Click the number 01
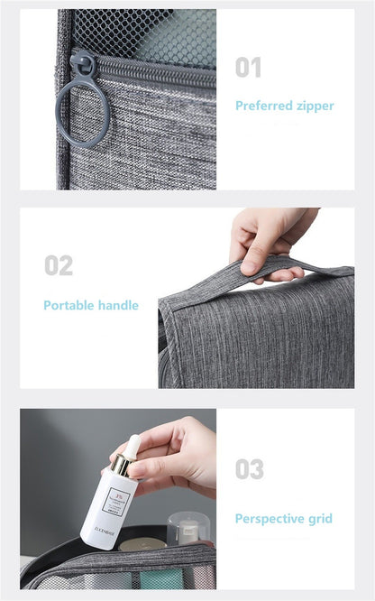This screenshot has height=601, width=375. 248,68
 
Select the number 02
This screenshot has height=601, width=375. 59,266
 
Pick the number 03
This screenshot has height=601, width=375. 250,469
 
